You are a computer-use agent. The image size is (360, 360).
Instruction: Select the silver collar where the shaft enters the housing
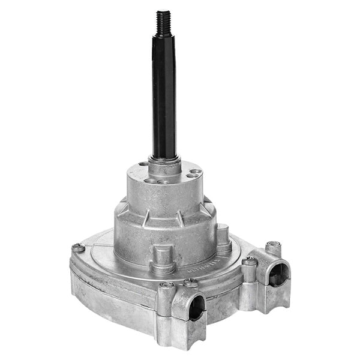pos(163,160)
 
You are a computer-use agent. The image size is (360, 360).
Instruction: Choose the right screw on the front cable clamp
pos(190,282)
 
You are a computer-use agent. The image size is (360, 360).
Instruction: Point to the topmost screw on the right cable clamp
pos(273,244)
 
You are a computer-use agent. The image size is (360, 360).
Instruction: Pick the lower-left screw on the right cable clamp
pos(249,261)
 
